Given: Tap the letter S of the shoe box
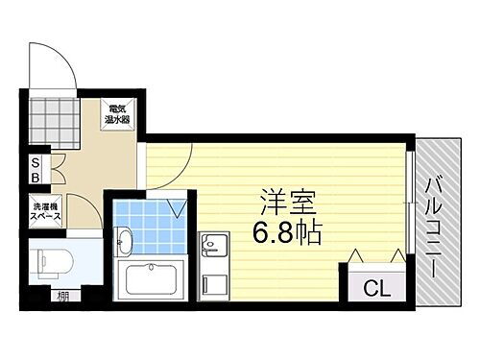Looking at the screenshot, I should (35, 162).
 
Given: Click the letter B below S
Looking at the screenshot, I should (35, 178).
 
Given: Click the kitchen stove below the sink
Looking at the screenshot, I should (212, 283).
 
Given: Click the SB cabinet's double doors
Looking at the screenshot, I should (56, 170).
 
